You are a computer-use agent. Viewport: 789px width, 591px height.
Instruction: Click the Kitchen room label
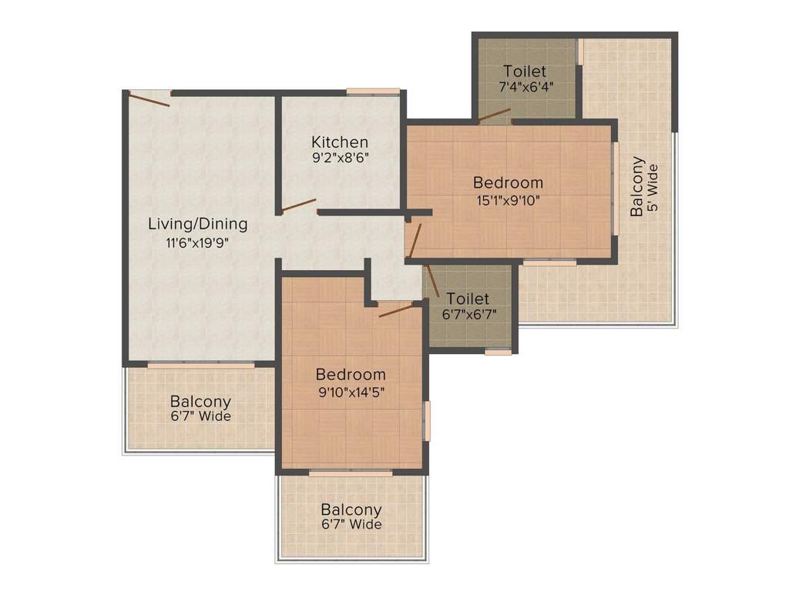click(340, 142)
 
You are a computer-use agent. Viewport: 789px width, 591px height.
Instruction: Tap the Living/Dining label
click(198, 224)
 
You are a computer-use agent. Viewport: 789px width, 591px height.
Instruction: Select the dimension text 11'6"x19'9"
click(198, 243)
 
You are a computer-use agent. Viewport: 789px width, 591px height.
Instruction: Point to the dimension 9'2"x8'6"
click(341, 158)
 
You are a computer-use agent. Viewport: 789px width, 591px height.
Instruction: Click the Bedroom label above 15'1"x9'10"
click(509, 182)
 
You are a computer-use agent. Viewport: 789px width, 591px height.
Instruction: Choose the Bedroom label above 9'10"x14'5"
click(351, 375)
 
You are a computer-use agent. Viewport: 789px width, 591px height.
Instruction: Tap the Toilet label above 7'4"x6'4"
click(525, 71)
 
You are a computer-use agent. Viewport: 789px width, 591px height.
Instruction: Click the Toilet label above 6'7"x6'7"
click(468, 299)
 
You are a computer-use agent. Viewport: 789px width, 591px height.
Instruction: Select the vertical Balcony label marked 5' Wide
click(637, 186)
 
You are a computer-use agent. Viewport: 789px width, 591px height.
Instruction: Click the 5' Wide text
click(653, 187)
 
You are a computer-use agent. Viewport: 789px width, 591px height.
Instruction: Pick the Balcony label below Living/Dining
click(200, 402)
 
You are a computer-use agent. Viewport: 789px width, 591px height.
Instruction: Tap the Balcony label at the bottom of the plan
click(351, 510)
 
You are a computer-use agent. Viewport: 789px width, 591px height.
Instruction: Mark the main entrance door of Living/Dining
click(149, 99)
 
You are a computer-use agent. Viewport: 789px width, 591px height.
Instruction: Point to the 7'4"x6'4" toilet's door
click(494, 115)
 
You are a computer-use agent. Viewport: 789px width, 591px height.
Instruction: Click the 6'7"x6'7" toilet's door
click(432, 281)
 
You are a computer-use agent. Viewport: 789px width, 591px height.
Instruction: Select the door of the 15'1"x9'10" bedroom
click(415, 240)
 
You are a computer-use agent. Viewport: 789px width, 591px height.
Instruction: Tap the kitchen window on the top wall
click(373, 92)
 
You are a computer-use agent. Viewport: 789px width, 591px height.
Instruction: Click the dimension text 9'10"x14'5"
click(351, 392)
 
